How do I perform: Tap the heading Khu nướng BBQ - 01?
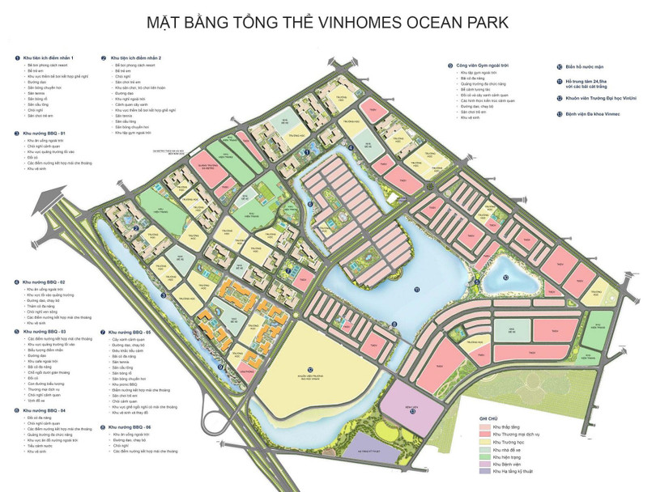coord(45,132)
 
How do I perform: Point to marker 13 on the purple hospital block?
coord(412,411)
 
